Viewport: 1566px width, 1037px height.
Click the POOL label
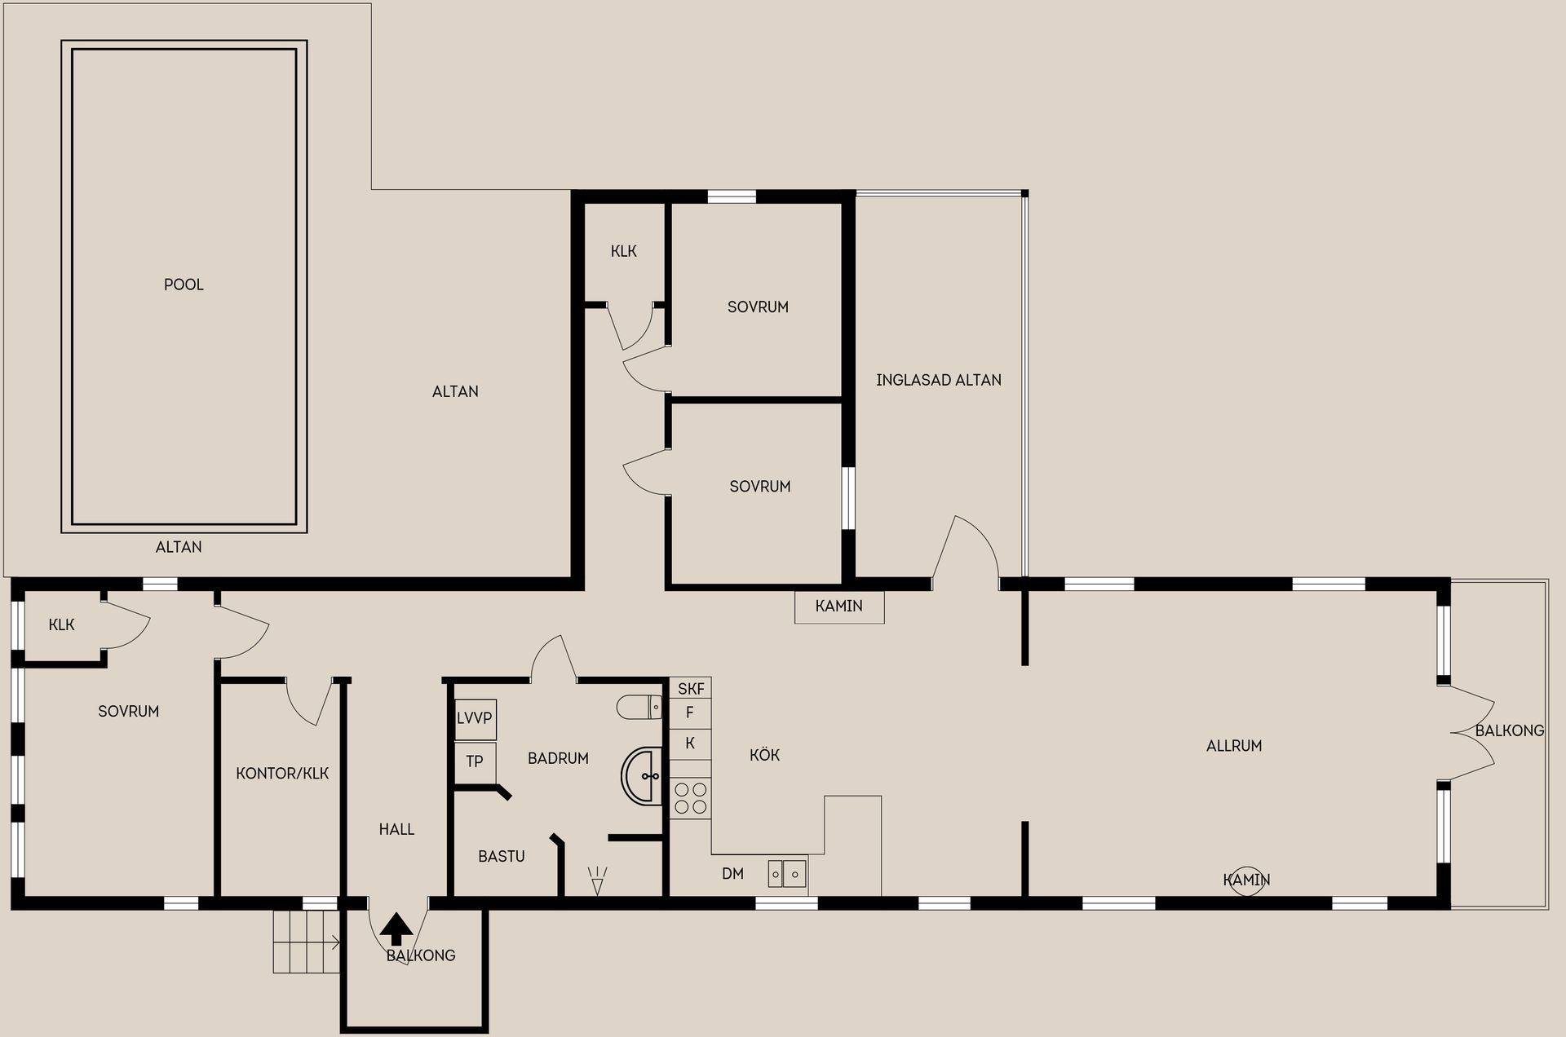[x=184, y=285]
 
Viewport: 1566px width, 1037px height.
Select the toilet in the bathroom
[x=639, y=707]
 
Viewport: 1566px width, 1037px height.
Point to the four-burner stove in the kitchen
[x=691, y=798]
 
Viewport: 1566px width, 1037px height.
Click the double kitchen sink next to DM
[x=787, y=874]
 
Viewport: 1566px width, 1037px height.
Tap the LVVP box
[x=475, y=719]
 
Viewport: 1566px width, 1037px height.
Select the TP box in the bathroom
[x=475, y=762]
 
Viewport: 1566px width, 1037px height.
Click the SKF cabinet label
[x=691, y=689]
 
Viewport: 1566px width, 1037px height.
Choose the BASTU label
[x=502, y=856]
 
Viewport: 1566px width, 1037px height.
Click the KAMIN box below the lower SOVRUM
[x=839, y=607]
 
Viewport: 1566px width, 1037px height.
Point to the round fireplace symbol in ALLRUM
[x=1246, y=880]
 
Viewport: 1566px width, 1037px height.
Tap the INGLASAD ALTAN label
[x=939, y=380]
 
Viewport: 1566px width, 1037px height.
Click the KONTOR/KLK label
[x=282, y=773]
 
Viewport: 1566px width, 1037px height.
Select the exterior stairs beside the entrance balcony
[x=306, y=942]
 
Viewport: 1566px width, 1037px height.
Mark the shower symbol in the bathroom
[x=598, y=880]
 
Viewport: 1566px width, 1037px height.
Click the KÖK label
[x=764, y=755]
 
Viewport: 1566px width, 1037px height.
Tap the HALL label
[x=396, y=829]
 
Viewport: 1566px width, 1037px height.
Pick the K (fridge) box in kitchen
[x=691, y=744]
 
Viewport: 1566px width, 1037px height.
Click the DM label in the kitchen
[x=732, y=874]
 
